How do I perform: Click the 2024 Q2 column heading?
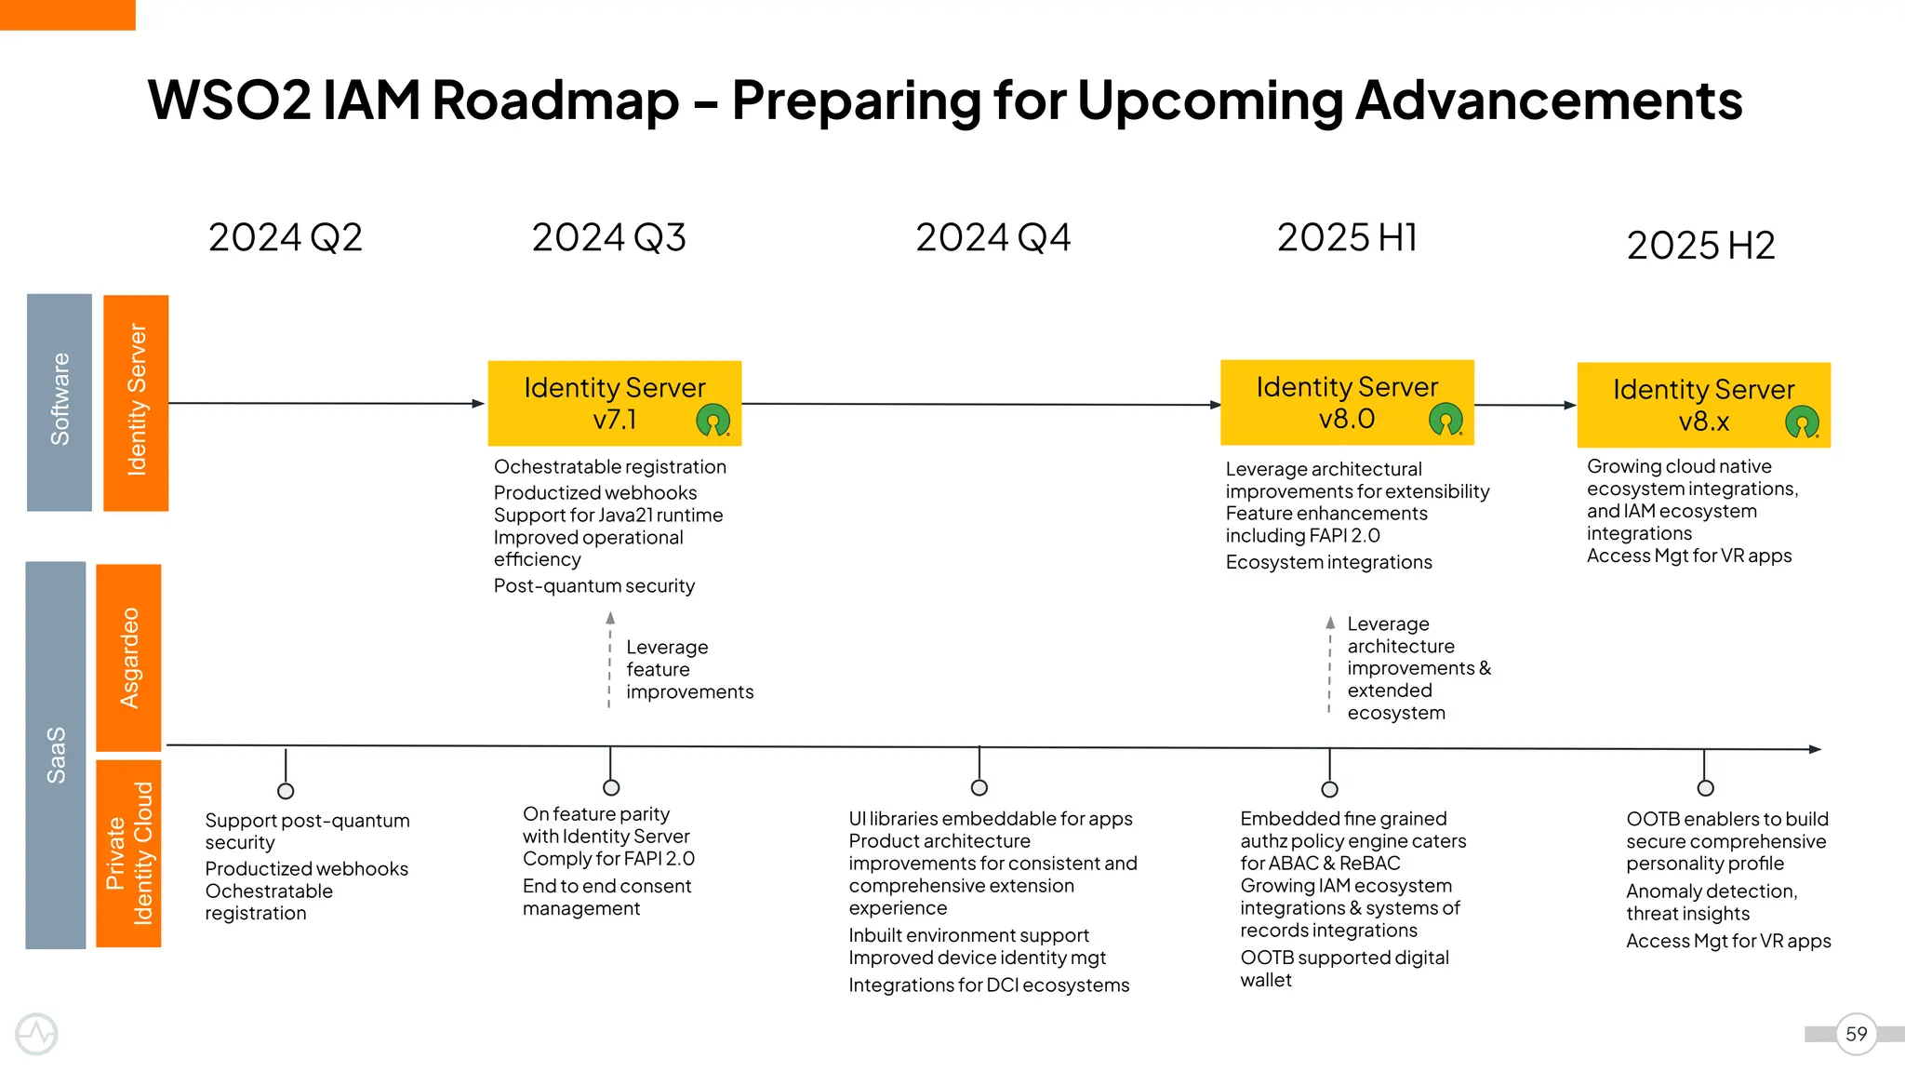pos(285,238)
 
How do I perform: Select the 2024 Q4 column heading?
pos(992,238)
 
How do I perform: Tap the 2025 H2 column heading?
pos(1700,246)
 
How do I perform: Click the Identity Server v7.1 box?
pos(614,403)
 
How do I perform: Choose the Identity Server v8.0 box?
pos(1346,402)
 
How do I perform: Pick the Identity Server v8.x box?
pos(1703,405)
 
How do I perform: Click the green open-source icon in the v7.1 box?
pos(713,421)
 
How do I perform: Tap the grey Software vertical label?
pos(60,402)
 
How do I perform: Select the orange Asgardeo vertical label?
pos(129,657)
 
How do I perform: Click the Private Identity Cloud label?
pos(129,853)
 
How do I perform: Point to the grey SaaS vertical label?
pos(56,755)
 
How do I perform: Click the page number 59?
pos(1856,1034)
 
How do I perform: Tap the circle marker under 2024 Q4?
pos(979,787)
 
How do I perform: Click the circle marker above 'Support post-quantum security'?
pos(286,791)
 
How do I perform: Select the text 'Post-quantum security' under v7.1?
pos(593,586)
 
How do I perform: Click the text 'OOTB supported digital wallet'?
pos(1343,968)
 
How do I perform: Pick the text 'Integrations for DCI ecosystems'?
pos(988,985)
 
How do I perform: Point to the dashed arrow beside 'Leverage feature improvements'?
pos(610,661)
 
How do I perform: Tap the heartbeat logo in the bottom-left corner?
pos(37,1034)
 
